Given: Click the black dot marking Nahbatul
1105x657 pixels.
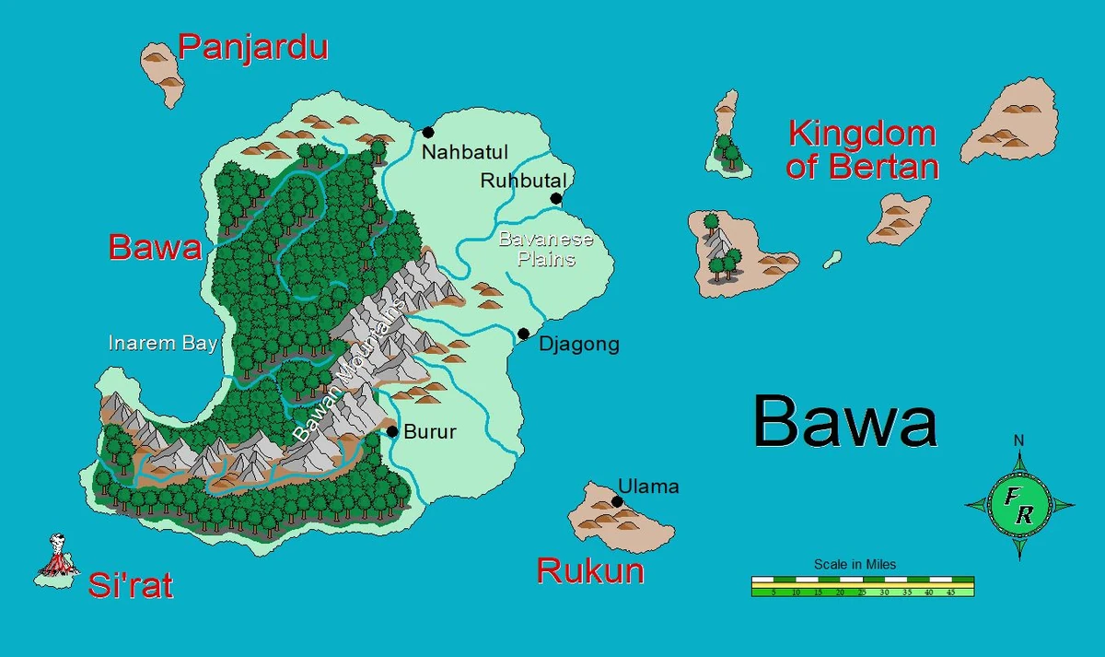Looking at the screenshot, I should (428, 132).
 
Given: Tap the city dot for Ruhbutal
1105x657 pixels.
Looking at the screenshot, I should (556, 198).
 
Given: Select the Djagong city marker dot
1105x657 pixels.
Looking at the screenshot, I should (523, 334).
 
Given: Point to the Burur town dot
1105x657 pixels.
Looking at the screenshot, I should (392, 430).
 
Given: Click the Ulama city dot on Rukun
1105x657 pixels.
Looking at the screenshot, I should (617, 501).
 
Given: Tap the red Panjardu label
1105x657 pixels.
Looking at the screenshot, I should (253, 47).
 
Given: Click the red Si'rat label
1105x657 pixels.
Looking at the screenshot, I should (131, 585).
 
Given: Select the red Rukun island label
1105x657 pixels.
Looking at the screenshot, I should (590, 571).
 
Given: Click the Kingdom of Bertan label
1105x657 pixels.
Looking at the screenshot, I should (863, 150).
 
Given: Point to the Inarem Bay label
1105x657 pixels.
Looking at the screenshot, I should (163, 344).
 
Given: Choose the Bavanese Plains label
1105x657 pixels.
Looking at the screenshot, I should (546, 250).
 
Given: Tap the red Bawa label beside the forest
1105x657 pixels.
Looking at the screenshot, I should (155, 247).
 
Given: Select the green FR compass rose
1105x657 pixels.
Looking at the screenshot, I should (1018, 505).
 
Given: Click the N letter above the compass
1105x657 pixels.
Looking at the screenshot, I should (1018, 440).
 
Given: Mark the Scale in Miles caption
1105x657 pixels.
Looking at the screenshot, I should (855, 564).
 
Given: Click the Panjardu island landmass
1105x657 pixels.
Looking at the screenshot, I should (164, 69).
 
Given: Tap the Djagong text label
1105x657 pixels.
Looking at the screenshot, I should (579, 345).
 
